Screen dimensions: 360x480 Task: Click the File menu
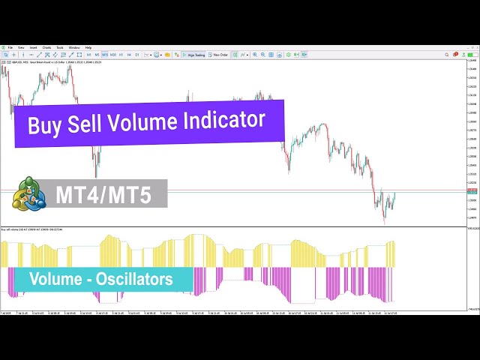pyautogui.click(x=10, y=47)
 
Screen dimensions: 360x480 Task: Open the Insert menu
pyautogui.click(x=33, y=47)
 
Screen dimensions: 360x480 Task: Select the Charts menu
pyautogui.click(x=46, y=47)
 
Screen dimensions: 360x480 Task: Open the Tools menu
pyautogui.click(x=60, y=47)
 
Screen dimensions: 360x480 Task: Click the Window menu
pyautogui.click(x=74, y=47)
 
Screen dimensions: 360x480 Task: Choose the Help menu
pyautogui.click(x=88, y=47)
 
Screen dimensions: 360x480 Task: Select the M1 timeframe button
pyautogui.click(x=88, y=55)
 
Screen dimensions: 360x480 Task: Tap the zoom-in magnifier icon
pyautogui.click(x=255, y=55)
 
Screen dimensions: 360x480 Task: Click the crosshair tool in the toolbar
pyautogui.click(x=13, y=55)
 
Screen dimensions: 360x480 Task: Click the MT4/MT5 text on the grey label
pyautogui.click(x=103, y=195)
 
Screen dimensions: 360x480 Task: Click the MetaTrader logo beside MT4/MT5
pyautogui.click(x=28, y=194)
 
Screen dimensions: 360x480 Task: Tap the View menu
pyautogui.click(x=22, y=47)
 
